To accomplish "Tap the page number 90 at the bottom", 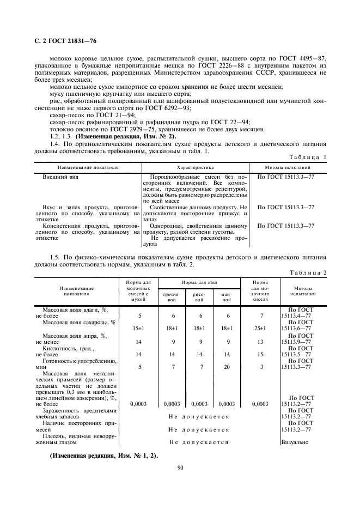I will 180,467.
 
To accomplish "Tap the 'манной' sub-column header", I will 226,297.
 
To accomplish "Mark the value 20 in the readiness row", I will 226,367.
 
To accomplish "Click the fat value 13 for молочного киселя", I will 260,342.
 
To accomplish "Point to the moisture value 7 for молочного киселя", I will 260,315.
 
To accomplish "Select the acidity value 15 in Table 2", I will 260,354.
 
